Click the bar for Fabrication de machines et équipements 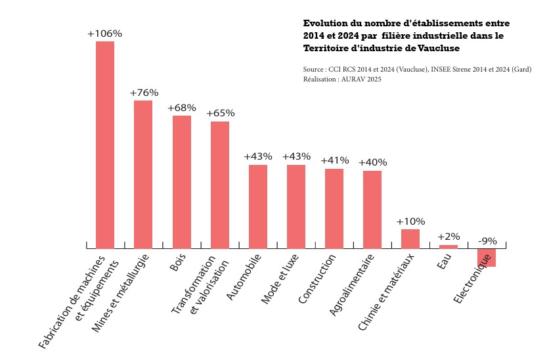point(105,145)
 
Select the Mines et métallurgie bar point(143,174)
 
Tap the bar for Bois point(182,182)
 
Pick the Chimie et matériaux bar point(410,238)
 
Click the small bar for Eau point(449,246)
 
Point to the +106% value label point(105,34)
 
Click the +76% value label point(144,93)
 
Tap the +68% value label point(182,108)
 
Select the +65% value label point(220,113)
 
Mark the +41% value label point(334,160)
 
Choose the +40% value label point(372,162)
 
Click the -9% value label point(487,241)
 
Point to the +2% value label point(449,236)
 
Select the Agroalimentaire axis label point(352,286)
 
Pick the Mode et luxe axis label point(280,279)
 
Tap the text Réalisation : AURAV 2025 point(342,79)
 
